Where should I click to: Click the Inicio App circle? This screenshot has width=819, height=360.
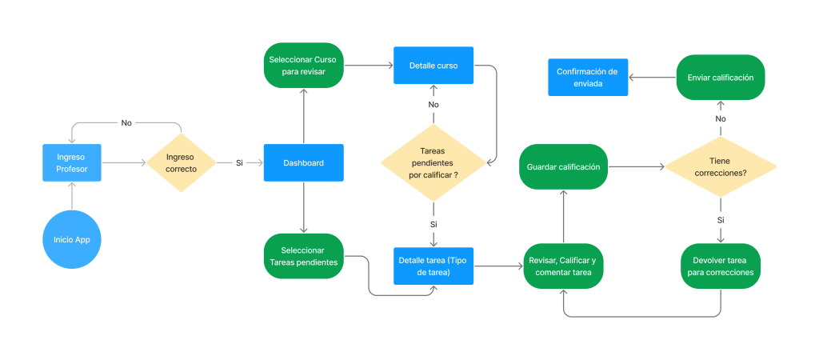point(72,240)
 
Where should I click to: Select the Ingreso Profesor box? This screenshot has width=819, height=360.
point(72,163)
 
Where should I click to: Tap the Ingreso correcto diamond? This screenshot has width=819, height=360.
point(182,162)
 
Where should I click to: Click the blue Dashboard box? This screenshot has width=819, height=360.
point(303,163)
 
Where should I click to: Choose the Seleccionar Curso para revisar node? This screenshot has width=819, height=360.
point(303,66)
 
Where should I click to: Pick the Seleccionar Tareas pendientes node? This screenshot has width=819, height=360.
point(303,256)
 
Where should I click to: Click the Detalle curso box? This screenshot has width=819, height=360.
point(433,66)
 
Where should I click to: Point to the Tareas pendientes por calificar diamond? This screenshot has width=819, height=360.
point(433,162)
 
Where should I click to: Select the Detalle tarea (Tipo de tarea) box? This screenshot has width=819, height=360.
point(433,266)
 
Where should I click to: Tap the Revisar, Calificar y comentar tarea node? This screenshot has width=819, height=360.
point(564,266)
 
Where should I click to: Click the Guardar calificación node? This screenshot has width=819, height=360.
point(564,166)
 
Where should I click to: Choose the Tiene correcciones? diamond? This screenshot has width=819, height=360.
point(721,167)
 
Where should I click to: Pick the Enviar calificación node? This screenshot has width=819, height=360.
point(721,78)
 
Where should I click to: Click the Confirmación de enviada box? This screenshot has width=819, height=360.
point(588,78)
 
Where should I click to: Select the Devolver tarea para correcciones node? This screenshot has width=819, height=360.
point(721,266)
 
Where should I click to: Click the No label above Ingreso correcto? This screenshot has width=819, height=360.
point(126,122)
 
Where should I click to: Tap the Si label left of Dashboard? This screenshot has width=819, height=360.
point(239,163)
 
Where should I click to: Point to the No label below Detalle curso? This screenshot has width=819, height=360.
point(433,105)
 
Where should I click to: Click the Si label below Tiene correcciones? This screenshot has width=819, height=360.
point(721,221)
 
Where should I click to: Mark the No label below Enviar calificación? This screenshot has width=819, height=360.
point(721,118)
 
